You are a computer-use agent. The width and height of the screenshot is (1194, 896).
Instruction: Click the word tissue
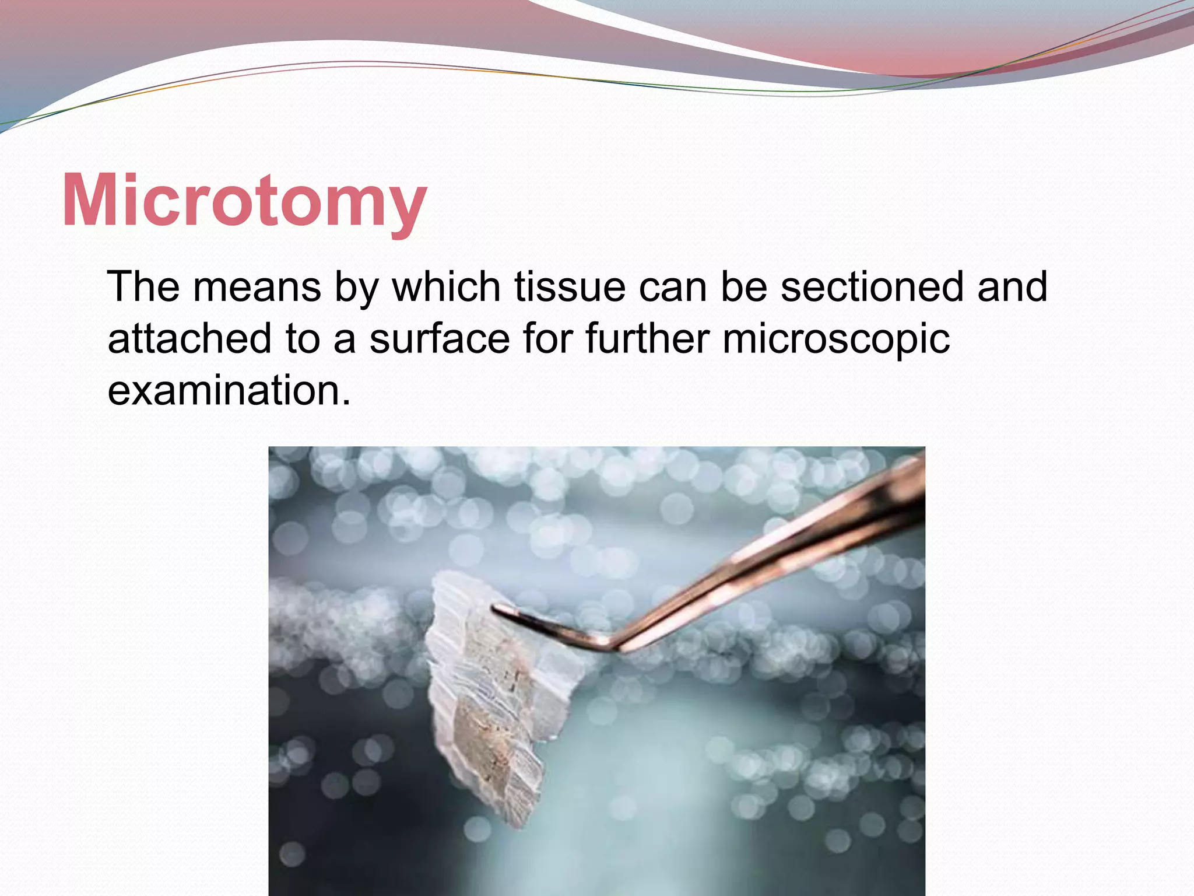pyautogui.click(x=570, y=287)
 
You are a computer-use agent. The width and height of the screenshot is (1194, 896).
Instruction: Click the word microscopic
pyautogui.click(x=835, y=339)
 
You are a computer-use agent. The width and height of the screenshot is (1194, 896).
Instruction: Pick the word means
pyautogui.click(x=257, y=288)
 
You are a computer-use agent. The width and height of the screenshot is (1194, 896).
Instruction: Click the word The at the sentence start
pyautogui.click(x=143, y=287)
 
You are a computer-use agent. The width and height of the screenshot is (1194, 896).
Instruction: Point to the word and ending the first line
pyautogui.click(x=1013, y=287)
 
